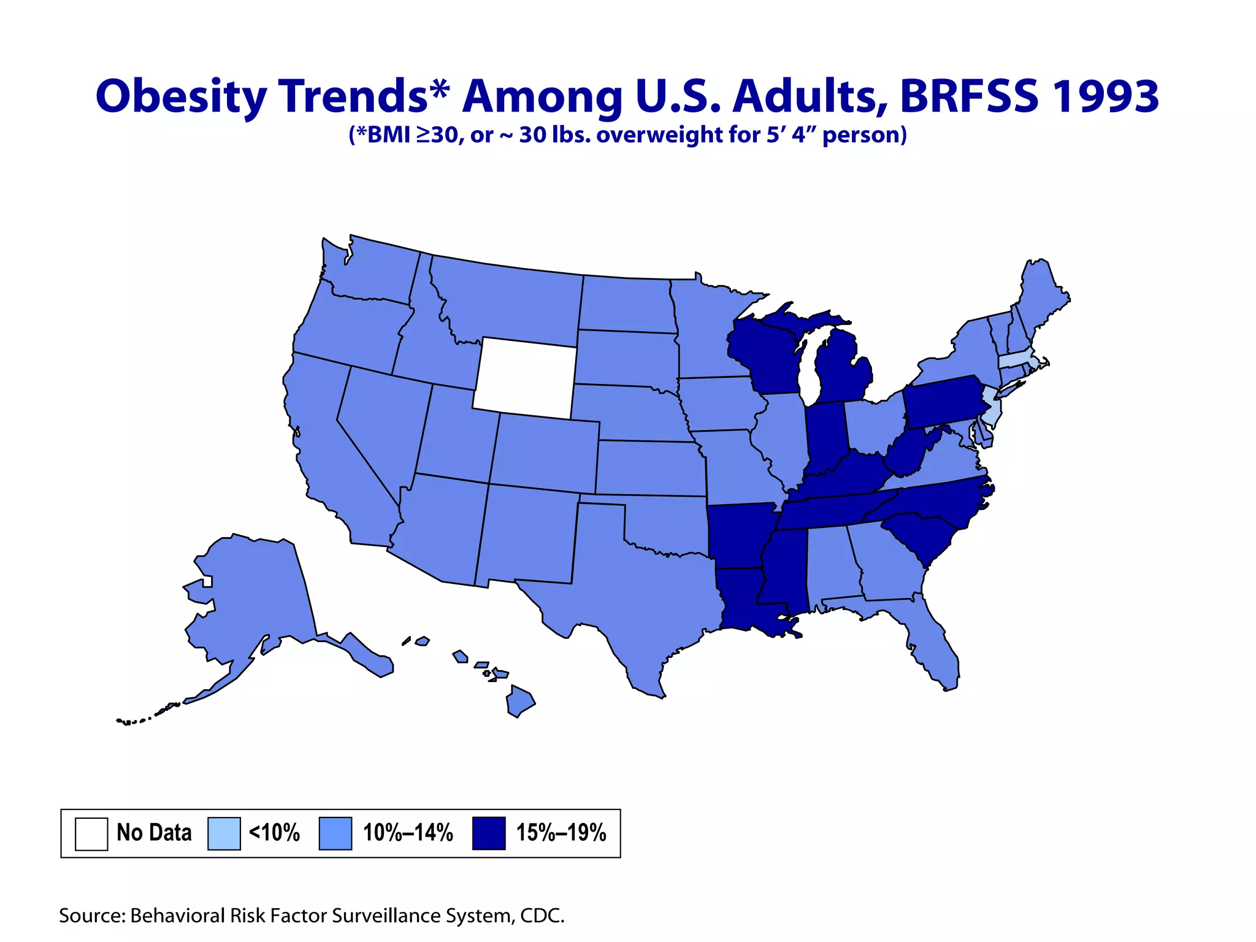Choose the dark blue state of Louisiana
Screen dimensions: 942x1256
pos(745,598)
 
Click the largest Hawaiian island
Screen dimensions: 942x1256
pos(519,701)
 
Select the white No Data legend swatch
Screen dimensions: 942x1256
pos(91,833)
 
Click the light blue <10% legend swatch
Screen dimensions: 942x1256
pos(224,833)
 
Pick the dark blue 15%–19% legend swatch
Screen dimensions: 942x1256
pos(489,833)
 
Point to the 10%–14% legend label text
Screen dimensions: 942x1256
pos(408,833)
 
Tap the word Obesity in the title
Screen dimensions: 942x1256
pos(182,96)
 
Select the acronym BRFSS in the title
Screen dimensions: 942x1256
pos(969,96)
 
